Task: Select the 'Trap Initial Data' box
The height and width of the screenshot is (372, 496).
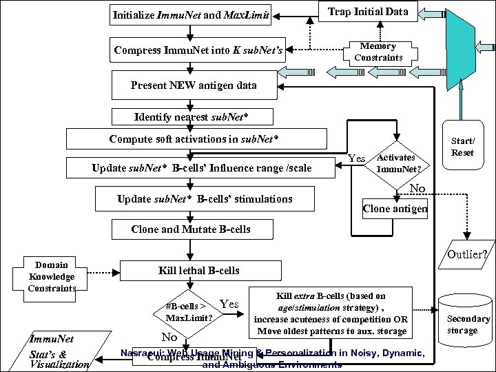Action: point(367,12)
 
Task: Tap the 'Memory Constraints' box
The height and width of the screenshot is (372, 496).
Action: point(378,51)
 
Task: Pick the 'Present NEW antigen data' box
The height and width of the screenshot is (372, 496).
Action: point(195,85)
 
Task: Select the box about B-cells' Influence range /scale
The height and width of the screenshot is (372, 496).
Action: point(201,167)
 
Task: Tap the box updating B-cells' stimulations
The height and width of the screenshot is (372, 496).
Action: point(205,200)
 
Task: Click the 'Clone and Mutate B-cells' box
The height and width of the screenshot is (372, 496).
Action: point(191,229)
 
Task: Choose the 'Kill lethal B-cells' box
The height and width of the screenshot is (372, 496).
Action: point(191,270)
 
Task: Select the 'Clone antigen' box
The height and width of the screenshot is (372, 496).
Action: point(395,208)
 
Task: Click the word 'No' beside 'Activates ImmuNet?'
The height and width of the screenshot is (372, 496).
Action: point(417,188)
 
